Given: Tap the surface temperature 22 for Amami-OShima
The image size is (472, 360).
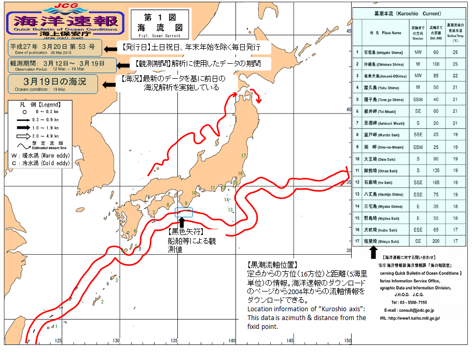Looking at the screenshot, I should coord(455,75).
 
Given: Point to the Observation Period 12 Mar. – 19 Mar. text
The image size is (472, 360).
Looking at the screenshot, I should coord(41,68).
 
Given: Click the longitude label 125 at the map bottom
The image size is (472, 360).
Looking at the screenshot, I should coord(58,340).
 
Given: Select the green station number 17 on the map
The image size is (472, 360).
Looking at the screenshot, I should coord(243,155).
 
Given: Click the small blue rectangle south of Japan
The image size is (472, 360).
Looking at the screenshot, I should coord(184,212).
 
